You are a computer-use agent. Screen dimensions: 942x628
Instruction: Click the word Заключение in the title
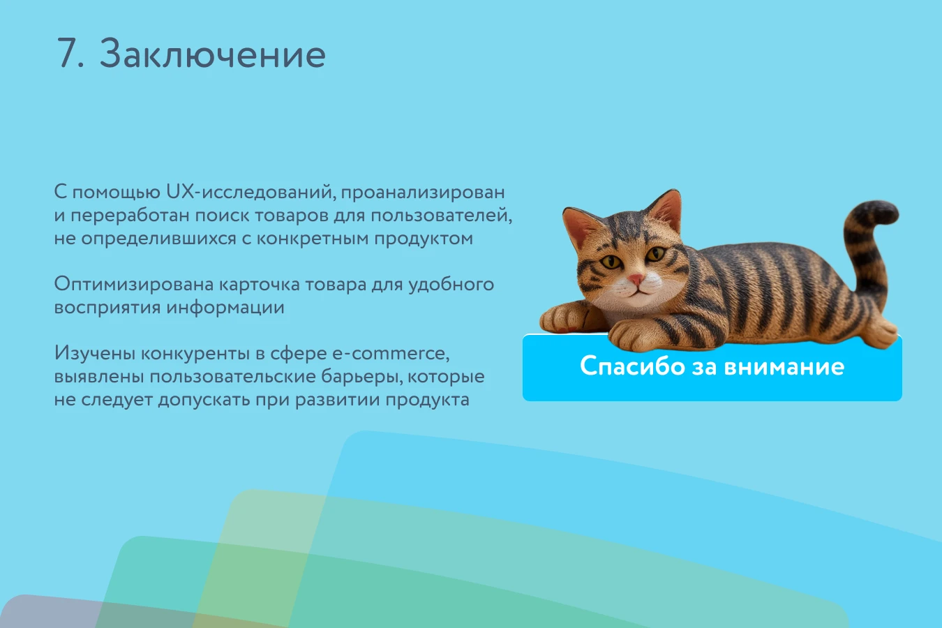[212, 54]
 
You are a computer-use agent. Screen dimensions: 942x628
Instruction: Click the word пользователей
[442, 216]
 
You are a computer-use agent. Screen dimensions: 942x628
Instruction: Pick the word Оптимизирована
[134, 285]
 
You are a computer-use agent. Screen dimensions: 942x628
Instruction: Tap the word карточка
[260, 285]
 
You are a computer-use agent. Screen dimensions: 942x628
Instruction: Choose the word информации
[225, 308]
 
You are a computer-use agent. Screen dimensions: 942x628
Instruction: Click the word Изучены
[95, 354]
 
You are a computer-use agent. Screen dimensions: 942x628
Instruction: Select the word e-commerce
[391, 354]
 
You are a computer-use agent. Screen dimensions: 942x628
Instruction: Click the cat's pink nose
[637, 278]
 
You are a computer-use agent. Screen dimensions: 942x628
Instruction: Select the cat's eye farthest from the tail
[611, 262]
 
